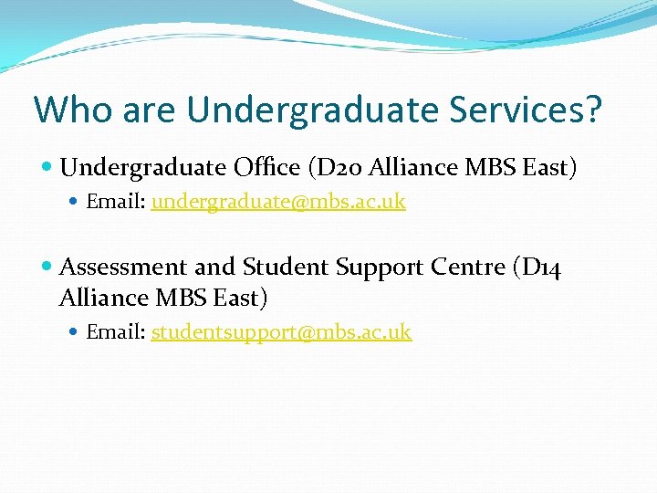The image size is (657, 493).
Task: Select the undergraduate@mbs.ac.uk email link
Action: point(278,202)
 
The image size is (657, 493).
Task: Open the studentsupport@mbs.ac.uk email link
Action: point(281,332)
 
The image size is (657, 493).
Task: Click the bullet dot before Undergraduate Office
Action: point(47,168)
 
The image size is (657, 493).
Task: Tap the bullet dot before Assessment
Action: point(47,267)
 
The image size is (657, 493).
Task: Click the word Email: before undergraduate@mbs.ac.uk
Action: point(116,202)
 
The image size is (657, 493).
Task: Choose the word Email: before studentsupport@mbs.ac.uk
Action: point(116,332)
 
